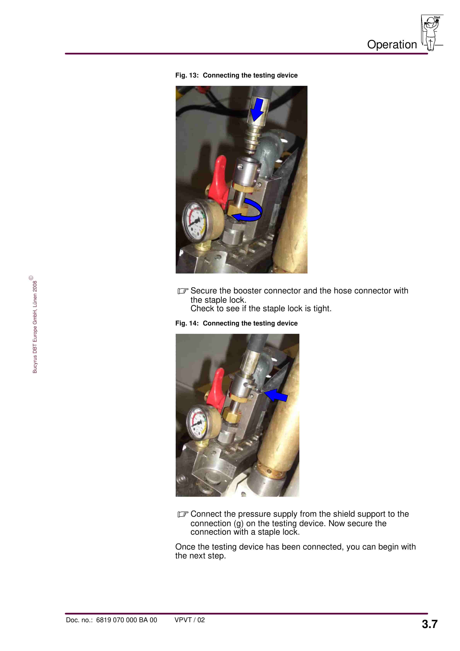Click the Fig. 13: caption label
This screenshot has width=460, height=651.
pos(187,75)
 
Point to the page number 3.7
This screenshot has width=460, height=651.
pos(429,624)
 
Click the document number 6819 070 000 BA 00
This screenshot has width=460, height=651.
pos(126,620)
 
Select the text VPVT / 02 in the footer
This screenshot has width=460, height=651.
pos(189,620)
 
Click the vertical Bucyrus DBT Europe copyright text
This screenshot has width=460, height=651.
pos(35,326)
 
